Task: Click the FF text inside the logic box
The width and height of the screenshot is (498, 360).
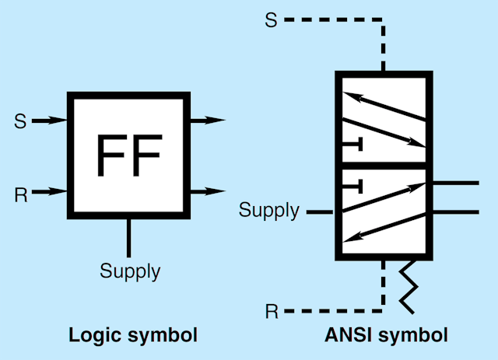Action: pyautogui.click(x=128, y=155)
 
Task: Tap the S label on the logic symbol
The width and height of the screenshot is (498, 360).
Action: pyautogui.click(x=20, y=121)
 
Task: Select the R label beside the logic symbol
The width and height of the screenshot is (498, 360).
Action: pyautogui.click(x=21, y=194)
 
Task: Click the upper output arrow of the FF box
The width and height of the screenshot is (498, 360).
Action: pyautogui.click(x=207, y=120)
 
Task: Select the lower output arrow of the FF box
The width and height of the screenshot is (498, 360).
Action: pyautogui.click(x=207, y=190)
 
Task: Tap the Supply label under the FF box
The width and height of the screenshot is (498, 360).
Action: pyautogui.click(x=130, y=271)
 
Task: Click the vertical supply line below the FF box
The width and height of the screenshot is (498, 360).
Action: pyautogui.click(x=128, y=238)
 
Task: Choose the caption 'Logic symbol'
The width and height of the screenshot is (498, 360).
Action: pyautogui.click(x=133, y=335)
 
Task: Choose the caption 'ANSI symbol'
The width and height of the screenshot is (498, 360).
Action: pyautogui.click(x=385, y=335)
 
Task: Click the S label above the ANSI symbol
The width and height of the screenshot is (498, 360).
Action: pyautogui.click(x=271, y=20)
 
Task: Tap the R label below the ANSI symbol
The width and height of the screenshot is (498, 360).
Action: pyautogui.click(x=272, y=312)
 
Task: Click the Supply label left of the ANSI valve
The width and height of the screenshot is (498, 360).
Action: pyautogui.click(x=268, y=210)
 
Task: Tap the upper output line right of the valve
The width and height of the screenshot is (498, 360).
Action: pyautogui.click(x=454, y=183)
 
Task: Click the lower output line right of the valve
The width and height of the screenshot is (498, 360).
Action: pyautogui.click(x=454, y=211)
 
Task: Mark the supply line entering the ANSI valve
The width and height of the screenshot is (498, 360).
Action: pyautogui.click(x=321, y=211)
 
